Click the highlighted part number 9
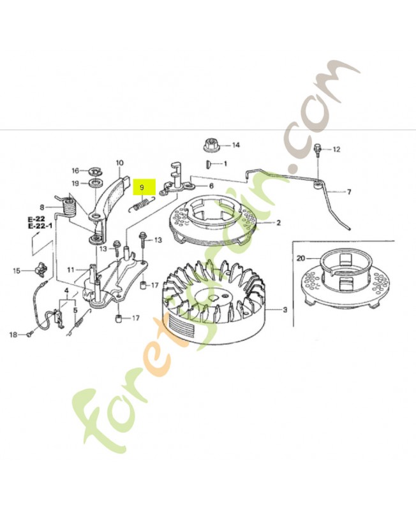(x=143, y=187)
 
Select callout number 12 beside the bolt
(x=336, y=149)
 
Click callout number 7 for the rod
(x=348, y=191)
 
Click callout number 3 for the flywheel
(x=285, y=310)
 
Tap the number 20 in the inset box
(x=301, y=258)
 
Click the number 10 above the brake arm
(x=119, y=163)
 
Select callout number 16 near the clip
(x=75, y=171)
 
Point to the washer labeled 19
(x=97, y=184)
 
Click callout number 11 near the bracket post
(x=71, y=270)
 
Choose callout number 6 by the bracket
(x=211, y=186)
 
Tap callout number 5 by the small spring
(x=75, y=310)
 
